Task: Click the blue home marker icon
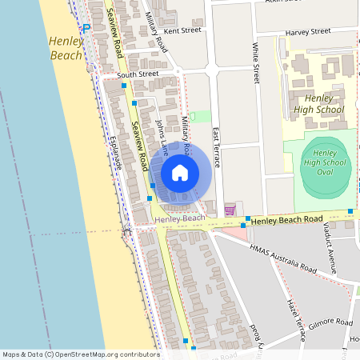click(x=180, y=172)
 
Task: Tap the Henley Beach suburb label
click(x=66, y=48)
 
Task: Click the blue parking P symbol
click(x=86, y=27)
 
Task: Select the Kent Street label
click(x=181, y=30)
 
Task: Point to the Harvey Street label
click(x=307, y=31)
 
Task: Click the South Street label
click(x=138, y=74)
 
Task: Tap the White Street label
click(x=255, y=62)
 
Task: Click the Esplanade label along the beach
click(x=115, y=151)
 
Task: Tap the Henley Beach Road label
click(x=289, y=218)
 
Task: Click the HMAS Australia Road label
click(x=282, y=259)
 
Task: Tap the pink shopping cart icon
click(x=230, y=210)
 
